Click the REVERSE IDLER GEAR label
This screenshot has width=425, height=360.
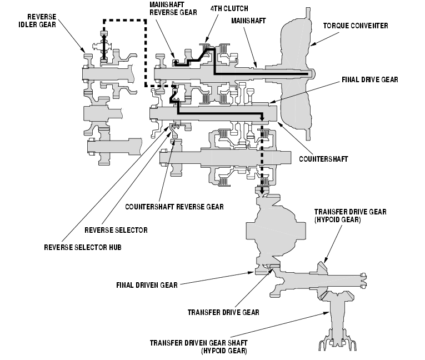pos(37,21)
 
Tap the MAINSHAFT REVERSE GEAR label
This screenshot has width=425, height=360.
pos(173,8)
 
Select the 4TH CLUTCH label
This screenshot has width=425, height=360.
pos(229,9)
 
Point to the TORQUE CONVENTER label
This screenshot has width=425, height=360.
pos(356,26)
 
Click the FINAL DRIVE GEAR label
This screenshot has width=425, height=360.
pos(369,79)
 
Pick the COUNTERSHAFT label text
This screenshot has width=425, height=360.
pos(323,159)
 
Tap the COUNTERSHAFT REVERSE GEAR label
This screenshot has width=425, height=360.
pos(174,207)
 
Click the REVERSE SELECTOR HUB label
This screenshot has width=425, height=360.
pos(83,247)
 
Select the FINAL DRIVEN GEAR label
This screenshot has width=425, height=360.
pos(147,285)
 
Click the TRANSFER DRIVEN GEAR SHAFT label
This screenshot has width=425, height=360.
pos(199,347)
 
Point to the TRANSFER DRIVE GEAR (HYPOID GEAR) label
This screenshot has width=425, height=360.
pos(350,216)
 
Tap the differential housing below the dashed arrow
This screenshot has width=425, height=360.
pos(276,231)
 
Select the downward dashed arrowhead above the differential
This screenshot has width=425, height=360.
pos(262,191)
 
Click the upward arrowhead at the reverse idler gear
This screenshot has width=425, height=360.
pos(103,37)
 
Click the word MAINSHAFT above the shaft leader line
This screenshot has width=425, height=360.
pos(248,21)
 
